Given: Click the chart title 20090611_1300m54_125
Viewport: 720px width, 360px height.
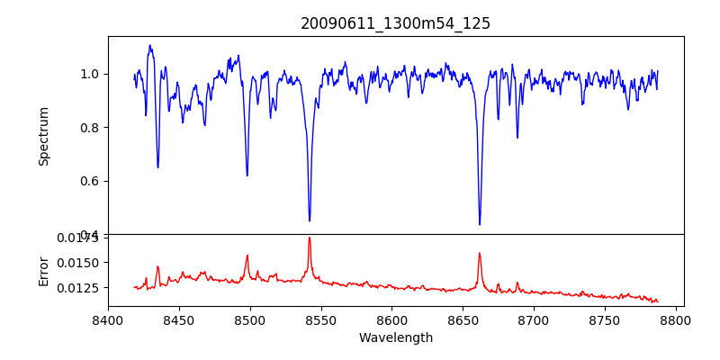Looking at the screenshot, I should (x=395, y=23).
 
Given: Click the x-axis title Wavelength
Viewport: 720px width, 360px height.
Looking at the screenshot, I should (x=395, y=338).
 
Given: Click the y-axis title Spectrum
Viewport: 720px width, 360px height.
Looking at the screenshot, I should (x=43, y=136).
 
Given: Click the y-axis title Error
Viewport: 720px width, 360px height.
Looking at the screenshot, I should (x=43, y=270).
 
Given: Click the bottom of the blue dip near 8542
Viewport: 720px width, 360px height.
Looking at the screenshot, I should (x=310, y=220).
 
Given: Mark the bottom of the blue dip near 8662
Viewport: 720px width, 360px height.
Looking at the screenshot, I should (x=480, y=224).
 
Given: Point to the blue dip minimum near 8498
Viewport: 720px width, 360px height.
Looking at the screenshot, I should (x=247, y=175).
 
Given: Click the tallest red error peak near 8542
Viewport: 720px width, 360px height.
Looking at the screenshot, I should (x=310, y=238).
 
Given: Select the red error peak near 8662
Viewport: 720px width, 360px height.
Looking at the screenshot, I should (x=480, y=253).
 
